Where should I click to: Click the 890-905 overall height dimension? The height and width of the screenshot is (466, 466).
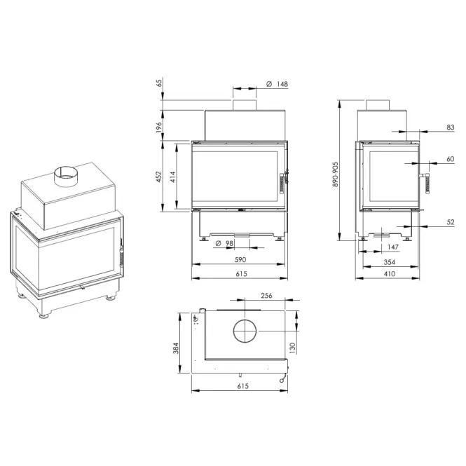[x=336, y=174]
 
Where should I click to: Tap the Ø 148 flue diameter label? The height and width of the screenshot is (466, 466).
[x=277, y=84]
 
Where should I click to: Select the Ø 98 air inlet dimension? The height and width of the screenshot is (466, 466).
[x=224, y=243]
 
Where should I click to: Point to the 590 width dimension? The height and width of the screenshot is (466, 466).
[x=240, y=259]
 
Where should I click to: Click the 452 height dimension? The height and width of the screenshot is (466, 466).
[x=159, y=177]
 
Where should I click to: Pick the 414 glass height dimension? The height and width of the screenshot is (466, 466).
[x=173, y=177]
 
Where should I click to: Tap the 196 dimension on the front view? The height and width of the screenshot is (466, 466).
[x=159, y=127]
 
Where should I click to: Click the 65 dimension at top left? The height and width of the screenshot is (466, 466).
[x=160, y=83]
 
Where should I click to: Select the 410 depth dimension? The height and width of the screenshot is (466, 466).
[x=390, y=273]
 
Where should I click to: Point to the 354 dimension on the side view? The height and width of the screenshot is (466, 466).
[x=390, y=262]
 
